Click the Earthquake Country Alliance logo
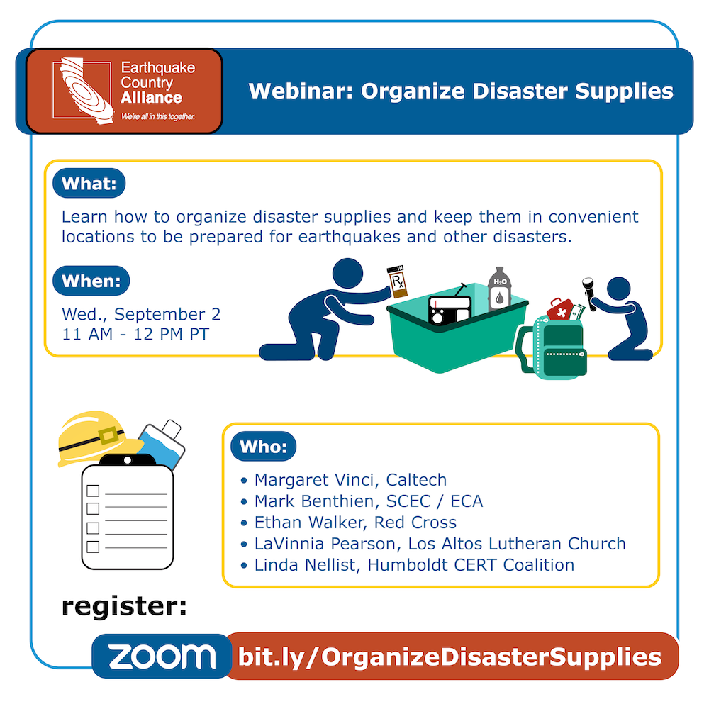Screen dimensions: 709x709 coord(124,91)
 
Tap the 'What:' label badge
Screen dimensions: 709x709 coord(89,183)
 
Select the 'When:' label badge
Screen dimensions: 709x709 coord(91,281)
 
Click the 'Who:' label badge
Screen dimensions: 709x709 coord(264,447)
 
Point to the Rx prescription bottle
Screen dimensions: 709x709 coord(397,281)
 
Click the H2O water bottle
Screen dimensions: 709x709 coord(500,289)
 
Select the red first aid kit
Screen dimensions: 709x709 coord(560,309)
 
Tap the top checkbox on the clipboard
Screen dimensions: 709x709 coord(93,491)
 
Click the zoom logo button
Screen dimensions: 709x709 coord(162,656)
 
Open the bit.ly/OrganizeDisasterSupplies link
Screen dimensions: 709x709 coord(450,657)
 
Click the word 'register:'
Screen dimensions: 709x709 coord(124,607)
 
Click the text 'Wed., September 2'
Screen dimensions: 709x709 coord(141,314)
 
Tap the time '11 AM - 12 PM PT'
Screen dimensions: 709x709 coord(135,334)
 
